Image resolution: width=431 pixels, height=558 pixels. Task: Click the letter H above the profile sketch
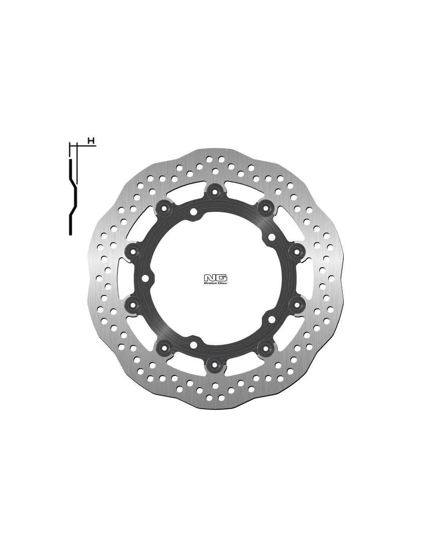(x=90, y=140)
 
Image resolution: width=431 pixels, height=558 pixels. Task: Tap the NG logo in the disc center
(x=215, y=277)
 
